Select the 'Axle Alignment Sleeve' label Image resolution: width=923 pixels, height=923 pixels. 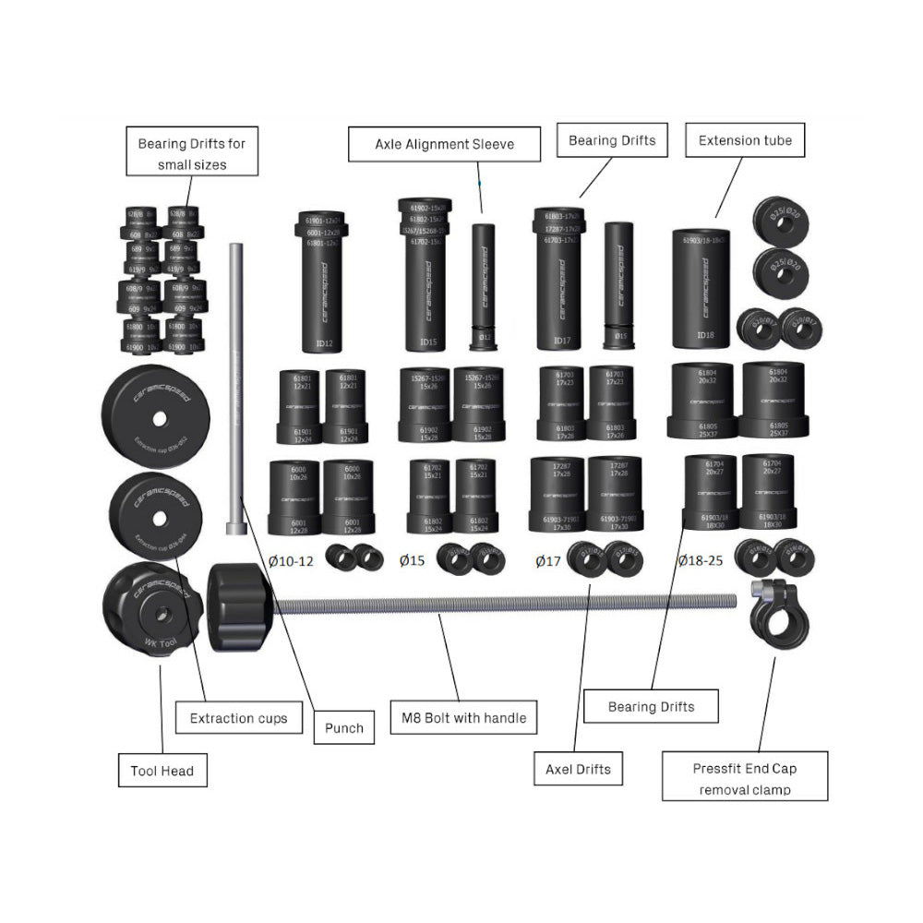[444, 144]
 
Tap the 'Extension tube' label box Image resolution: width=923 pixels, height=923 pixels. [745, 140]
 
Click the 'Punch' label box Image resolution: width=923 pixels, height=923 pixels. [343, 727]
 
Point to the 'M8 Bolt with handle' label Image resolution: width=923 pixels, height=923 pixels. [464, 717]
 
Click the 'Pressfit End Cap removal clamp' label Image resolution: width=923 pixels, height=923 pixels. [745, 778]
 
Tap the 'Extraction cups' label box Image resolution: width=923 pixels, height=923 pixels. [238, 717]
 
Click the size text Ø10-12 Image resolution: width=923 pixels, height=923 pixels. [292, 560]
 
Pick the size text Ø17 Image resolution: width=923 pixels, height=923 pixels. [548, 560]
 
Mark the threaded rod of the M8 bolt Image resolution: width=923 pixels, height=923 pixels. [508, 605]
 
